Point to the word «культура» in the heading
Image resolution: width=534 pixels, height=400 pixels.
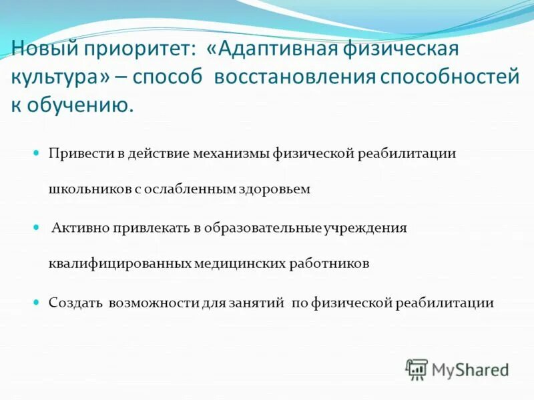61,77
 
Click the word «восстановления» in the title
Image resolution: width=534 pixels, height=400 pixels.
294,77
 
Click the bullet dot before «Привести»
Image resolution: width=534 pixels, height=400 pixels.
38,153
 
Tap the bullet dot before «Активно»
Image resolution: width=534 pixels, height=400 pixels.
38,227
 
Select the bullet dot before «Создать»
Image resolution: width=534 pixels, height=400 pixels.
38,302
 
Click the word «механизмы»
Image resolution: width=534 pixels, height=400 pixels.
231,153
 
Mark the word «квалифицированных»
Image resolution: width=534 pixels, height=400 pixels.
119,264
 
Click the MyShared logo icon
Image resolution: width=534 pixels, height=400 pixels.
417,369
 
